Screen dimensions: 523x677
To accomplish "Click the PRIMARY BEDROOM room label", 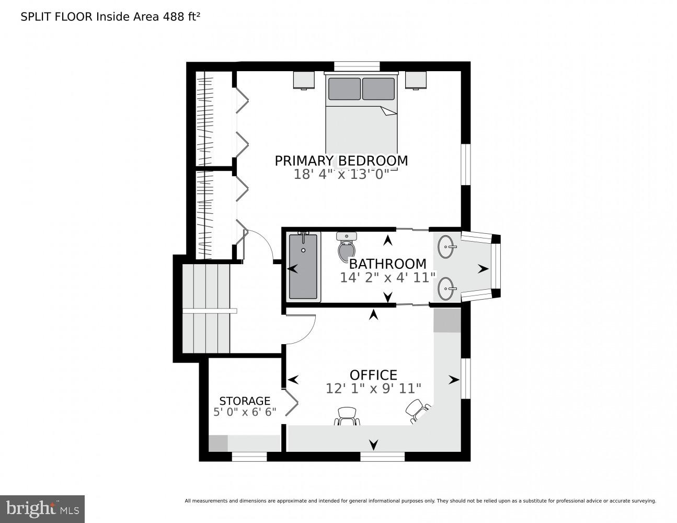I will coord(341,161).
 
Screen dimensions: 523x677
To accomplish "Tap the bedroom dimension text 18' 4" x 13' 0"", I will coord(341,174).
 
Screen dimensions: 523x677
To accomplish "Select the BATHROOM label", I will coord(387,264).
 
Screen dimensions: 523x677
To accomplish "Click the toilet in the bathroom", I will coord(346,247).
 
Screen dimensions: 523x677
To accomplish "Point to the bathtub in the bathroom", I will coord(303,267).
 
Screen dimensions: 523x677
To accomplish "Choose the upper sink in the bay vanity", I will coord(446,247).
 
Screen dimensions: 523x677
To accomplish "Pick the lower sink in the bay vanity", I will coord(446,289).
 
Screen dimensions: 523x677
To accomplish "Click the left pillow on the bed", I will coord(344,89).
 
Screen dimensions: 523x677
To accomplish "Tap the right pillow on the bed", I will coord(378,89).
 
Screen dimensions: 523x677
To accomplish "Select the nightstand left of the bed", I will coord(304,80).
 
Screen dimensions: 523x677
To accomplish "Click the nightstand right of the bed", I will coord(416,80).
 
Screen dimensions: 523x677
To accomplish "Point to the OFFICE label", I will coord(373,375).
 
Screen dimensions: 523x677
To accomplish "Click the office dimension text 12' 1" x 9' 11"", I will coord(373,389).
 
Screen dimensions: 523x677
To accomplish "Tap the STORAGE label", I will coord(245,401).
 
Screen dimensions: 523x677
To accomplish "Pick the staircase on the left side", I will coord(206,309).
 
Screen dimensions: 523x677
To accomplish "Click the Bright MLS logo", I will coord(42,508).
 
